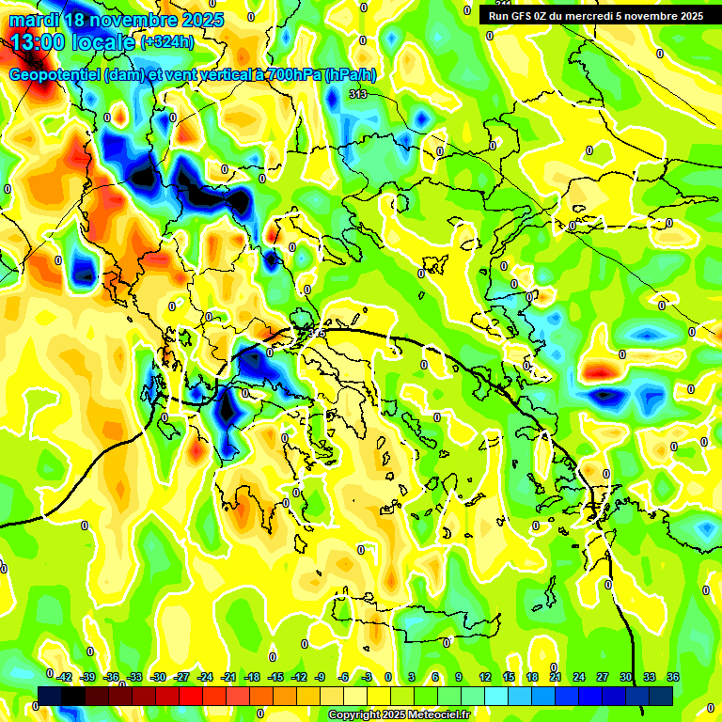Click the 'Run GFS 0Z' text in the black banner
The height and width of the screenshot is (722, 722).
point(517,16)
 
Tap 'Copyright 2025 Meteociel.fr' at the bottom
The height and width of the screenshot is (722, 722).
point(399,715)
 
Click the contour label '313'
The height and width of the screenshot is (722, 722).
point(357,95)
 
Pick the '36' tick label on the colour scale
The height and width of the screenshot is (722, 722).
point(673,677)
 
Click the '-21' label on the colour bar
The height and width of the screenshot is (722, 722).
point(228,677)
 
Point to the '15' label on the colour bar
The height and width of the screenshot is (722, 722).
point(508,677)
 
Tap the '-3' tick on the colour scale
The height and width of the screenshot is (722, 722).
point(367,677)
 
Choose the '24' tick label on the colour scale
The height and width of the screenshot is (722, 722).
point(578,677)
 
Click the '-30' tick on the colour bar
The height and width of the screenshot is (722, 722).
point(158,677)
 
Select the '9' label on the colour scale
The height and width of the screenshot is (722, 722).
point(459,677)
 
